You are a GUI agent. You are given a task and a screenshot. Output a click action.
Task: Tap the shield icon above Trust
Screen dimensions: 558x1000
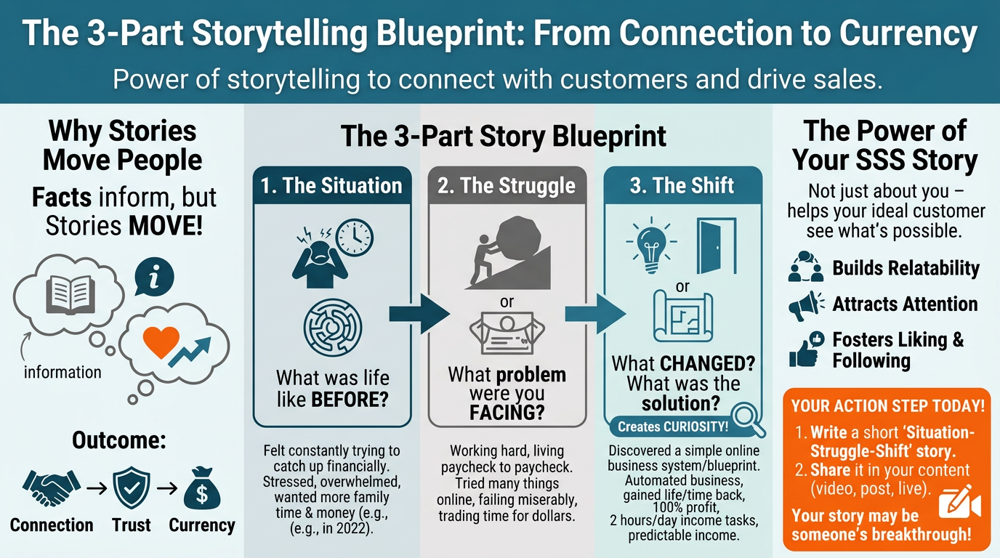tap(132, 488)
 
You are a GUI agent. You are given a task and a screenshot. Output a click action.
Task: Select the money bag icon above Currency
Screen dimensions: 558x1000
tap(201, 488)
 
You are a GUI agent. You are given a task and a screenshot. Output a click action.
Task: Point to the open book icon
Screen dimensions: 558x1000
tap(70, 292)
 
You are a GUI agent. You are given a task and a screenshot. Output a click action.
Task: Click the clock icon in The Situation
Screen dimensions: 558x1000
tap(355, 237)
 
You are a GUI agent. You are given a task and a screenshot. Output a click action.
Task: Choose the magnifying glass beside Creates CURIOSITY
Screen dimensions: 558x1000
tap(746, 421)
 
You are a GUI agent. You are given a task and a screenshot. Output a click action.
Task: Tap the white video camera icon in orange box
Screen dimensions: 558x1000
tap(959, 503)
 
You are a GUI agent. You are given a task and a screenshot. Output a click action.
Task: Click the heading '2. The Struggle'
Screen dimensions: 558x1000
tap(506, 185)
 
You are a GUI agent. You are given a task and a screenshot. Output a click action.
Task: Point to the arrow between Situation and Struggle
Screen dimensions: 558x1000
tap(420, 313)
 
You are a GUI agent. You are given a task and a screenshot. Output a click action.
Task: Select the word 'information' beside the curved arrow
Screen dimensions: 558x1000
tap(62, 372)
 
